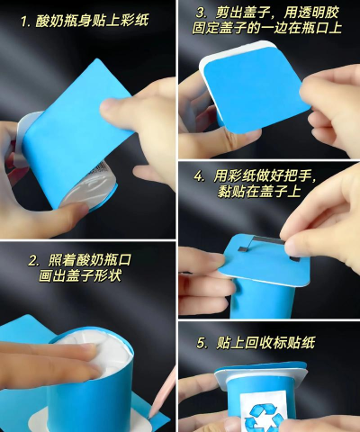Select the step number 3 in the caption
point(201,13)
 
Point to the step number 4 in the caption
point(198,176)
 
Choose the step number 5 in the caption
point(201,343)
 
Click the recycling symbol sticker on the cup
point(264,413)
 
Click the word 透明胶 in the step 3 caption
point(319,13)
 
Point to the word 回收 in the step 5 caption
point(259,343)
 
